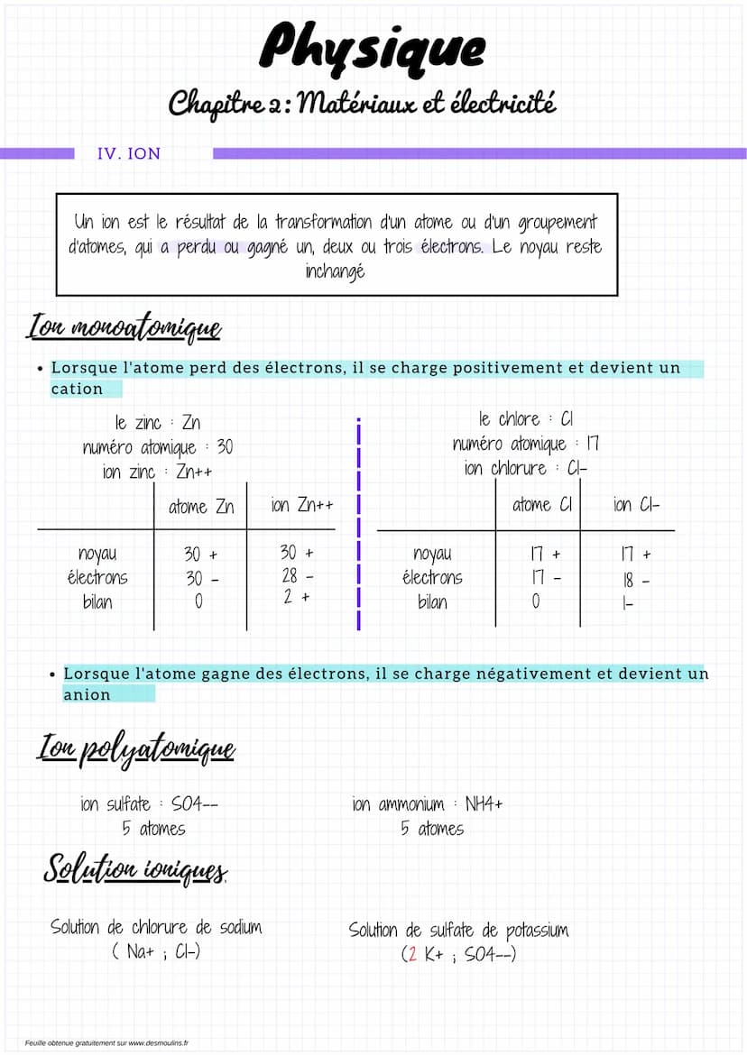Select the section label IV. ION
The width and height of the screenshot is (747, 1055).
tap(128, 153)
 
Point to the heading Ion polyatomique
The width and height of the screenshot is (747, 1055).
tap(135, 748)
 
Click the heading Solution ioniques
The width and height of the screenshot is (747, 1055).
tap(135, 868)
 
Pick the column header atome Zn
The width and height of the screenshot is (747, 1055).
tap(200, 507)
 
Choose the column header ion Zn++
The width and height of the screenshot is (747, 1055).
tap(302, 505)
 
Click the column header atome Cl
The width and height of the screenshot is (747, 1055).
tap(541, 505)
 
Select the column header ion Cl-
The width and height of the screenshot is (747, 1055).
tap(636, 505)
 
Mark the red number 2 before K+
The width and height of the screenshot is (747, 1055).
tap(412, 954)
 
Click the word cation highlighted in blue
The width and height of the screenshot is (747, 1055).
tap(77, 390)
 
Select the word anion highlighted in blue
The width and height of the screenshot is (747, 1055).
tap(87, 694)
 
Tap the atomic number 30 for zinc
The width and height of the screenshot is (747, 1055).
tap(224, 447)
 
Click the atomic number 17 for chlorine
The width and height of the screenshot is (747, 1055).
tap(592, 444)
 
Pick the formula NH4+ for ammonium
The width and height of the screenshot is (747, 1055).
tap(484, 804)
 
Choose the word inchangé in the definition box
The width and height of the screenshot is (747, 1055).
tap(336, 271)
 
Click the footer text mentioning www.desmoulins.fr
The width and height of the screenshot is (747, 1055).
tap(106, 1042)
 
